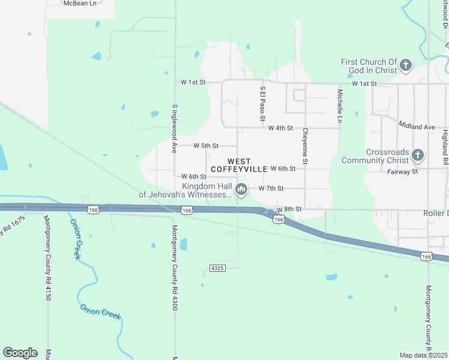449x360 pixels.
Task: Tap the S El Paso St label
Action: click(x=262, y=103)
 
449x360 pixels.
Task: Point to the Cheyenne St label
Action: click(x=305, y=146)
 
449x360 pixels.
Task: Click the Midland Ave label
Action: click(x=417, y=127)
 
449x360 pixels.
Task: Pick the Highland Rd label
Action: click(x=445, y=147)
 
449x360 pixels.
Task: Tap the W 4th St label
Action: click(x=280, y=128)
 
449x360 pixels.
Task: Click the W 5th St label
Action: click(x=206, y=146)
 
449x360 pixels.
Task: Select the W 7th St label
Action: click(x=271, y=188)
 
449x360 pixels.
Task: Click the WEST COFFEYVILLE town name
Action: click(x=239, y=165)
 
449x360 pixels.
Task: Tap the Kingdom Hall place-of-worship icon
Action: click(x=241, y=190)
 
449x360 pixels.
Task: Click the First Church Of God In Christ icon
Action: click(x=406, y=65)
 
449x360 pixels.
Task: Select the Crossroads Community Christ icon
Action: click(x=418, y=156)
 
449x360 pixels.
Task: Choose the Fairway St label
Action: click(x=403, y=172)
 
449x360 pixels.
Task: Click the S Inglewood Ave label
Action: click(x=175, y=127)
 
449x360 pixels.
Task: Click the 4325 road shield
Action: click(x=217, y=268)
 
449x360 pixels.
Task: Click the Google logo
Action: click(x=20, y=353)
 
